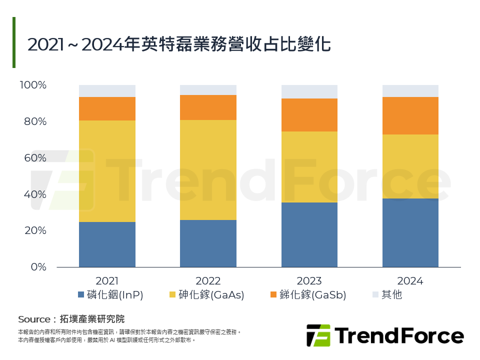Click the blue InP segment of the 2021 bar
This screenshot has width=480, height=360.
pyautogui.click(x=107, y=244)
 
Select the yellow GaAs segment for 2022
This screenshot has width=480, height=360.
pyautogui.click(x=208, y=170)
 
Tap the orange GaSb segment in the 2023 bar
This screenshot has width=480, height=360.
pyautogui.click(x=309, y=115)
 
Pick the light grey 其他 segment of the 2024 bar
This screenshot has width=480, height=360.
pyautogui.click(x=410, y=90)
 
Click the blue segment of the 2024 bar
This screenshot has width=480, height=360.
pyautogui.click(x=410, y=232)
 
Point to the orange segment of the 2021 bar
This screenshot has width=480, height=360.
pyautogui.click(x=107, y=108)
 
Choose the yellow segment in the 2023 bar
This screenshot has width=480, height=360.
pyautogui.click(x=309, y=167)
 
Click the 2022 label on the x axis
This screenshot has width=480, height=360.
pyautogui.click(x=208, y=281)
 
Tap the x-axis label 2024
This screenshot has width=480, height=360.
pyautogui.click(x=410, y=281)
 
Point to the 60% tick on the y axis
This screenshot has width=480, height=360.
pyautogui.click(x=33, y=158)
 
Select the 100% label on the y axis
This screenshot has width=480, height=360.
pyautogui.click(x=33, y=85)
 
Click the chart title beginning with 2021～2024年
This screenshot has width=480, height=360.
pyautogui.click(x=178, y=44)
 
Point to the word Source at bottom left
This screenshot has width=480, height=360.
pyautogui.click(x=34, y=319)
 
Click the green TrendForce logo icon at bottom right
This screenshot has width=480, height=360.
pyautogui.click(x=318, y=335)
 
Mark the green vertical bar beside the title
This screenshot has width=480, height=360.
pyautogui.click(x=14, y=42)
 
